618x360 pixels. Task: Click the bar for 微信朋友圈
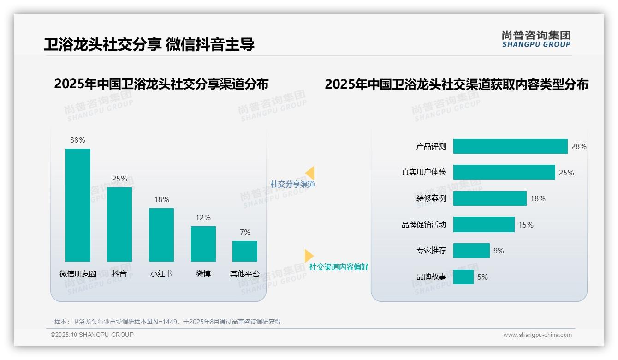tap(78, 205)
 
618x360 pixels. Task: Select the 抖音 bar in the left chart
tap(119, 224)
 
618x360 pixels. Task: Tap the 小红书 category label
tap(161, 274)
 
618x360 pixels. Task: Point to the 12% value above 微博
tap(203, 217)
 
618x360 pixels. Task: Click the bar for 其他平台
tap(245, 251)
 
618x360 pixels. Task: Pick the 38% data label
tap(78, 140)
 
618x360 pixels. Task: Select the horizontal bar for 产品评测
tap(510, 146)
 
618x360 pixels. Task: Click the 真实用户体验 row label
tap(424, 172)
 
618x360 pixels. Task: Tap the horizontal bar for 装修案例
tap(490, 198)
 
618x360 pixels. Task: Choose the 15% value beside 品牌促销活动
tap(526, 225)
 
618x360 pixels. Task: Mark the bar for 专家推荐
tap(471, 251)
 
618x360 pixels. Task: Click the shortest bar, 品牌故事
tap(463, 277)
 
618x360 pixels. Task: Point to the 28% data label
tap(579, 146)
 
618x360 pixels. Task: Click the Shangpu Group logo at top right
tap(536, 39)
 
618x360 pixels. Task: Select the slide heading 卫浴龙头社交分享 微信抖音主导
tap(149, 44)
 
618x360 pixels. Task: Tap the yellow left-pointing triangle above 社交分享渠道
tap(310, 173)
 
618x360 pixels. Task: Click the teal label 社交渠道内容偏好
tap(339, 267)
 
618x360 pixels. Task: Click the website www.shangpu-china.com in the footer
tap(537, 335)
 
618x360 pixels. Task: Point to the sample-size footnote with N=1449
tap(168, 322)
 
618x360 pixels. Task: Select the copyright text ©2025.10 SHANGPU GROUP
tap(92, 335)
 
